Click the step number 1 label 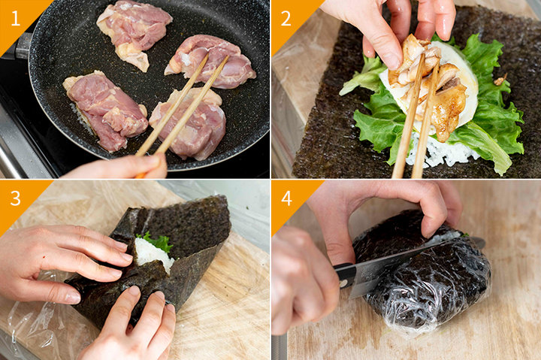[x=15, y=19]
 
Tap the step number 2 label [x=286, y=19]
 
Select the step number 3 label [x=16, y=198]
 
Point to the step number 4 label [x=287, y=198]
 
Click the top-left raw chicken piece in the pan [x=133, y=31]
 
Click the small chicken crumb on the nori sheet [x=499, y=80]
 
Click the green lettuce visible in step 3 [x=157, y=241]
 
